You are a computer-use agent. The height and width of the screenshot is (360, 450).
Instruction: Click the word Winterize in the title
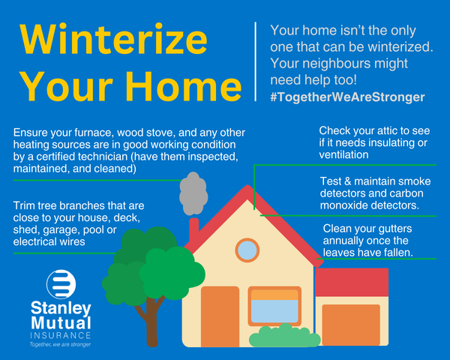(113, 40)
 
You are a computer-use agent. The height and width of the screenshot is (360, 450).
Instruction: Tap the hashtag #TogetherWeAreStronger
(347, 97)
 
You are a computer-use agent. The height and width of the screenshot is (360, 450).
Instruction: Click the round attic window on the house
(247, 250)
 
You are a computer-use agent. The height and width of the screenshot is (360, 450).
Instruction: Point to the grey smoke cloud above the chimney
(193, 193)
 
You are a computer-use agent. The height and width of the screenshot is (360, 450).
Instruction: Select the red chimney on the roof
(194, 231)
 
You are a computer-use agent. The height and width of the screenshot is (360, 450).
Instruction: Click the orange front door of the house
(220, 316)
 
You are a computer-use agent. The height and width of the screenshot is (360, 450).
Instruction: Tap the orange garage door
(351, 325)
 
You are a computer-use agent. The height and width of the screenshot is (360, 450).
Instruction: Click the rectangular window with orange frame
(274, 306)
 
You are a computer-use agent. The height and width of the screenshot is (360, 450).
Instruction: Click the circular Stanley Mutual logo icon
(61, 284)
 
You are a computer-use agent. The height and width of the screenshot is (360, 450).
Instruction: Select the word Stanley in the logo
(61, 308)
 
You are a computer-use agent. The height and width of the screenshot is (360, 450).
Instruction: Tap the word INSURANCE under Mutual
(61, 335)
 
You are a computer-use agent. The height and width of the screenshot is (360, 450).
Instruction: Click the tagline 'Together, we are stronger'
(60, 344)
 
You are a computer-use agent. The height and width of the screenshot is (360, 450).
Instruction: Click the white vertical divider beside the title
(255, 61)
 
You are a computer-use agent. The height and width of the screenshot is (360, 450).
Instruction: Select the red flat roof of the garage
(352, 282)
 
